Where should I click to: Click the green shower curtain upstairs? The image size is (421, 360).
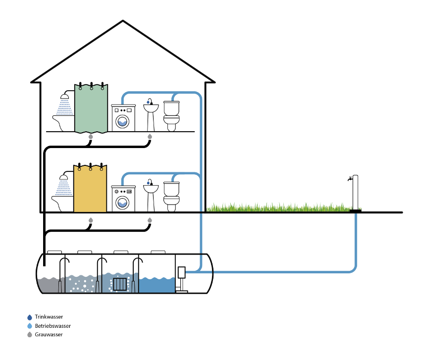pos(91,109)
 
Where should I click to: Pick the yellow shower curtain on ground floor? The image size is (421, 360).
pos(90,190)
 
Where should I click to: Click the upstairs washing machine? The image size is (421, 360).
pos(123,118)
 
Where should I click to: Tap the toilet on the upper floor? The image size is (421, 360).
pos(171,116)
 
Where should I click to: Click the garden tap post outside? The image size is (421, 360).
pos(355,193)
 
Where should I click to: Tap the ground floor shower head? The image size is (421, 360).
pos(64,177)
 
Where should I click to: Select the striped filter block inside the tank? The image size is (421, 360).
pos(120,284)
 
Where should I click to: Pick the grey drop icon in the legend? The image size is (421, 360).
pos(30,335)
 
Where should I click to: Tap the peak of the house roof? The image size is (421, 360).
pos(123,22)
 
